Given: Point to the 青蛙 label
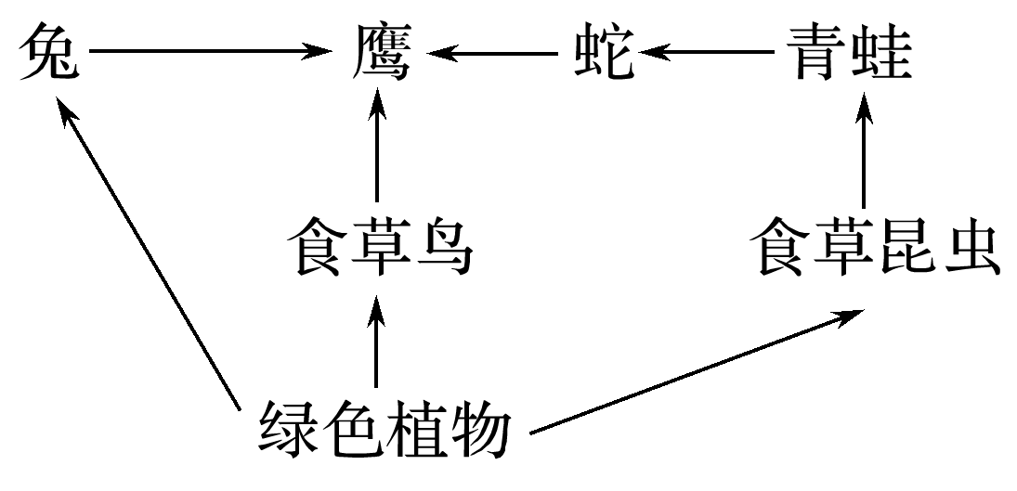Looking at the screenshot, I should click(x=847, y=53).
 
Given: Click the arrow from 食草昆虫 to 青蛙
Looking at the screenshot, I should click(x=865, y=153).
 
